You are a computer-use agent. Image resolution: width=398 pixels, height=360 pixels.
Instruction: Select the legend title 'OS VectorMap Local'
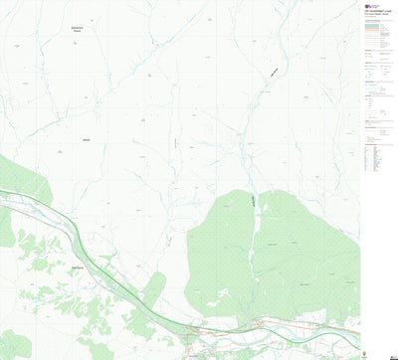click(x=377, y=13)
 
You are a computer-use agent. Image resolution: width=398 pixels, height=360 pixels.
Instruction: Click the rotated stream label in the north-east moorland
click(x=275, y=72)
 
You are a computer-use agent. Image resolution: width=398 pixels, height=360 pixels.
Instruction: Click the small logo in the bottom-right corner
click(x=389, y=352)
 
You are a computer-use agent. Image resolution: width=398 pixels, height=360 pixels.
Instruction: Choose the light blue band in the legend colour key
click(x=377, y=30)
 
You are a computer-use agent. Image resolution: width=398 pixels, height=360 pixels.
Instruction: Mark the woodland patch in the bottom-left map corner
click(x=14, y=344)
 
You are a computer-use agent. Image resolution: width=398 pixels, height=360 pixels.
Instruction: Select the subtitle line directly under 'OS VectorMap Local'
click(x=377, y=17)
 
